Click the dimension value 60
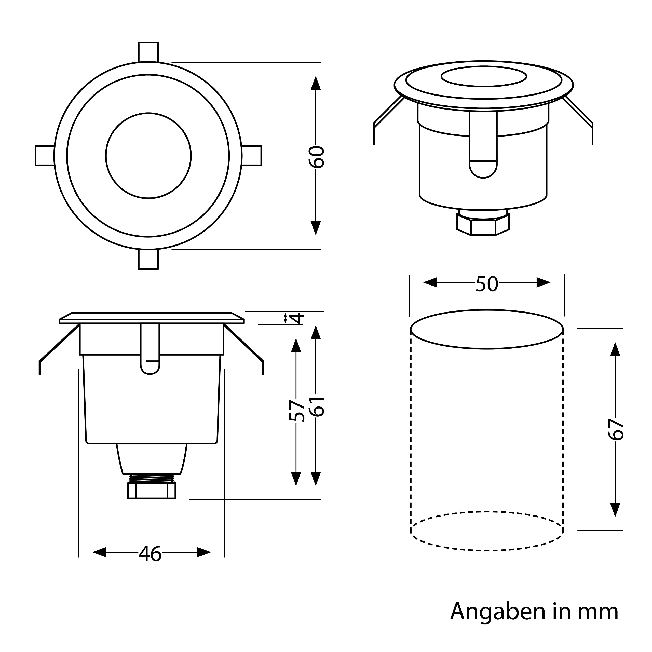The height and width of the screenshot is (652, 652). (317, 157)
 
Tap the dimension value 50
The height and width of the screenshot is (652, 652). (487, 284)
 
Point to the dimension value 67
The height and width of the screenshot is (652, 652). (615, 429)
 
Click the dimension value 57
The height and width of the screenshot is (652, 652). (297, 411)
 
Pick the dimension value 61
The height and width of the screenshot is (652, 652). (317, 407)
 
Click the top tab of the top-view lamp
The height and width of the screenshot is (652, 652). (148, 52)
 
